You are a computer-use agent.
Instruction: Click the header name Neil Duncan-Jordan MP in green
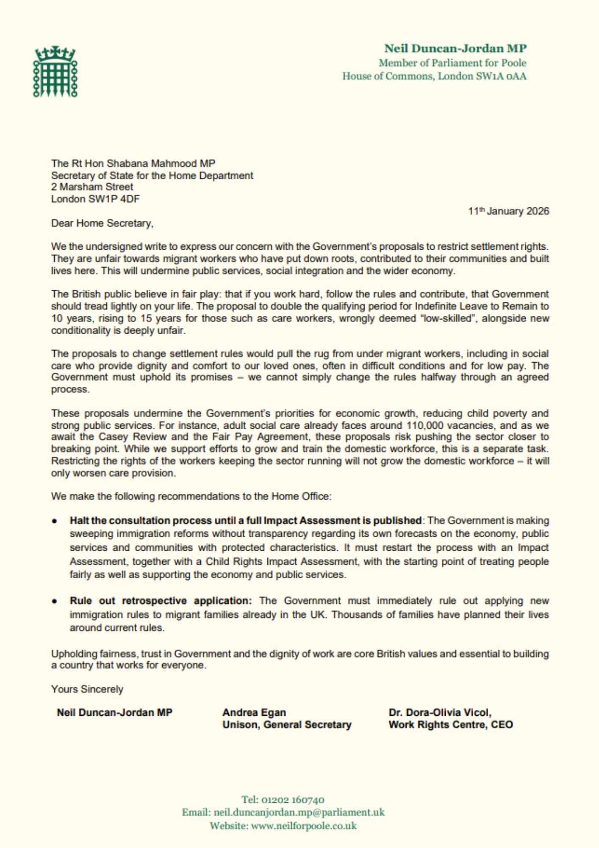pyautogui.click(x=455, y=48)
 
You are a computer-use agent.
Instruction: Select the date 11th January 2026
pyautogui.click(x=508, y=211)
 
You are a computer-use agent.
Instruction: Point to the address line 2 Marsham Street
pyautogui.click(x=92, y=187)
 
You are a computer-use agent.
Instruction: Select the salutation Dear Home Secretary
pyautogui.click(x=102, y=223)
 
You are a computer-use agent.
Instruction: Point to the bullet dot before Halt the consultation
pyautogui.click(x=55, y=521)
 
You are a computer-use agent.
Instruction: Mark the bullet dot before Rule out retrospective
pyautogui.click(x=55, y=601)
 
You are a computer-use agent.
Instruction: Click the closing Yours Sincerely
pyautogui.click(x=87, y=689)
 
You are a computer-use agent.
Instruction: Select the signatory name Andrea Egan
pyautogui.click(x=254, y=712)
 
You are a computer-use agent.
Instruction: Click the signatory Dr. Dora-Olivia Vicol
pyautogui.click(x=440, y=712)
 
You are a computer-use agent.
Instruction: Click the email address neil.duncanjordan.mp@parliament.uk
pyautogui.click(x=299, y=812)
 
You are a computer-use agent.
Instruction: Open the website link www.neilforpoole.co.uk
pyautogui.click(x=304, y=826)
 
